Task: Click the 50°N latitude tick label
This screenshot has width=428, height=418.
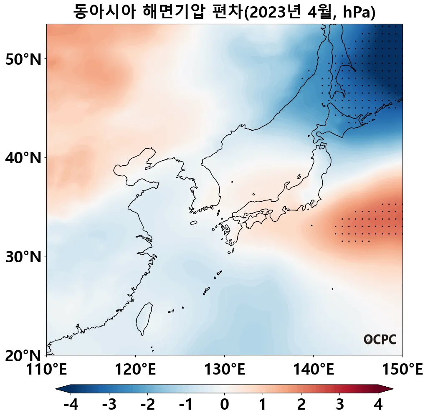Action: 24,60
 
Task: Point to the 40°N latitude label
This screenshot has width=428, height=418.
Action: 24,159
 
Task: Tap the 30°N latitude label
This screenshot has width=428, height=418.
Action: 24,257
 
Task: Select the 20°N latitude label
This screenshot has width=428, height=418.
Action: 24,356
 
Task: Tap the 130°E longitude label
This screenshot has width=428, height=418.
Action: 225,370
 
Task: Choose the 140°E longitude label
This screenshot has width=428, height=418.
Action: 313,370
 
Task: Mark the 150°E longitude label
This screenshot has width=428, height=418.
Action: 402,370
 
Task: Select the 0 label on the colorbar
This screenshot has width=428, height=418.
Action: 224,405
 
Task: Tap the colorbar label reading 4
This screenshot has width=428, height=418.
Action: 378,405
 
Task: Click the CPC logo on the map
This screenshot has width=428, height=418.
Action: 380,339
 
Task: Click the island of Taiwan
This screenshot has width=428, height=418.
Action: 144,318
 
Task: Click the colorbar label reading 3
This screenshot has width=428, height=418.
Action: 340,405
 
